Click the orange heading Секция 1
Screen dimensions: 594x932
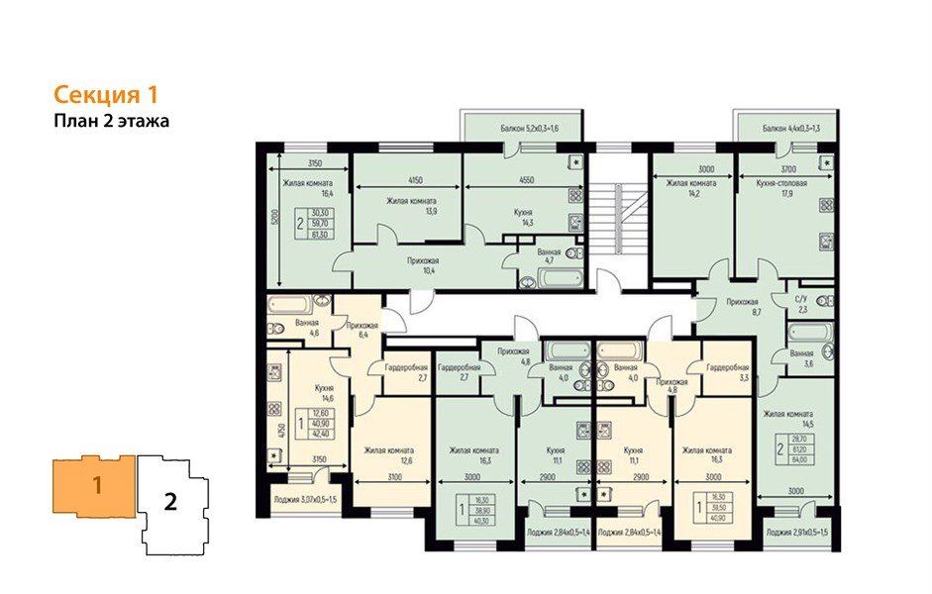click(105, 95)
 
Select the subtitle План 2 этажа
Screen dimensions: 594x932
click(112, 122)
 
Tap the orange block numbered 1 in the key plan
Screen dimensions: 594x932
click(96, 486)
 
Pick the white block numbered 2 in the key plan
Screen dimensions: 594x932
click(170, 501)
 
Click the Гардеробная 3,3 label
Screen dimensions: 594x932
click(726, 371)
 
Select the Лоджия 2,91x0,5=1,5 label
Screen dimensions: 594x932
click(795, 534)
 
